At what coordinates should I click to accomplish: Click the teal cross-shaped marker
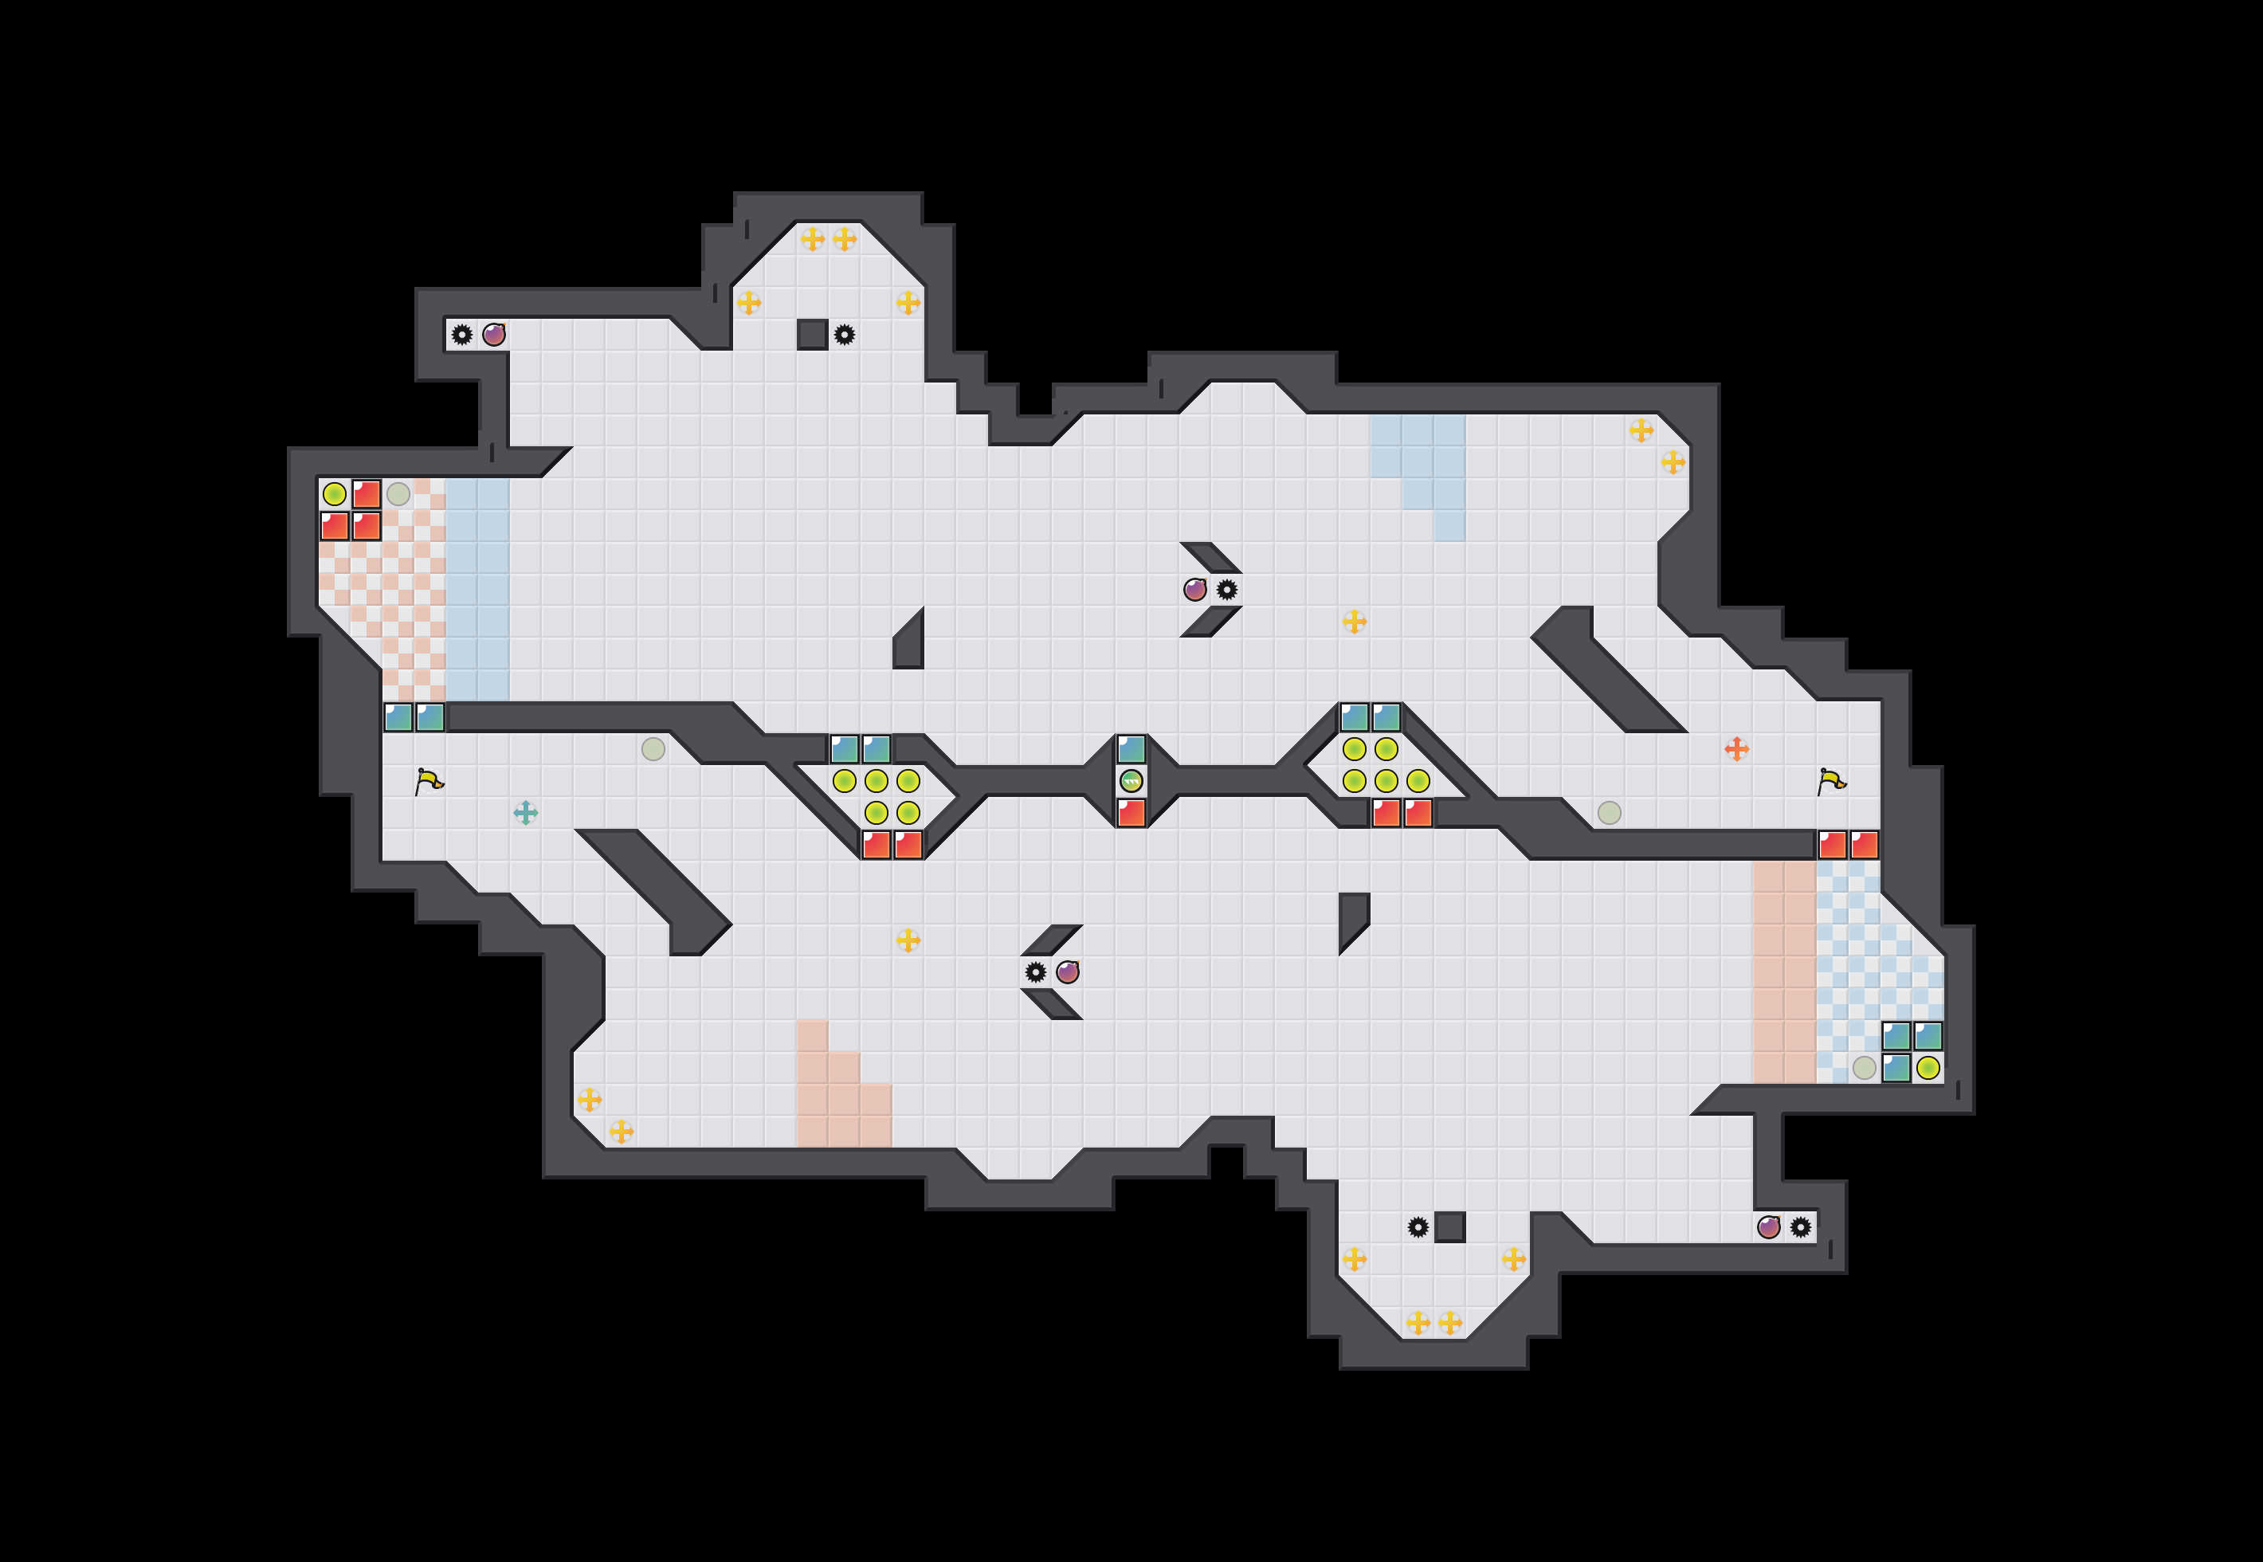525,812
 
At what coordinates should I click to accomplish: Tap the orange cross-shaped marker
1736,748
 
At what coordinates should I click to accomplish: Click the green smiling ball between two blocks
1131,781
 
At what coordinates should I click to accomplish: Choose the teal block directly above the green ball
1131,748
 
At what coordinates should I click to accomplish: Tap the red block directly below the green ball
1131,812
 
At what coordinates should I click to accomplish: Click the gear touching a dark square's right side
845,335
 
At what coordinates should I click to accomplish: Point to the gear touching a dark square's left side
1418,1227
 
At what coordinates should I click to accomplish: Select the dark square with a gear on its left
1449,1227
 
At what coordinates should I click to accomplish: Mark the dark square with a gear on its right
812,335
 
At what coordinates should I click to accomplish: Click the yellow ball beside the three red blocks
335,494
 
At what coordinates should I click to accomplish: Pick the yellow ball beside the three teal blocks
1928,1068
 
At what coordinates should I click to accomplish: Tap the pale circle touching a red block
398,494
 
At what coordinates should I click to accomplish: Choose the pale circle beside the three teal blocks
1864,1068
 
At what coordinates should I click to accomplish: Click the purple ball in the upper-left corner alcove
494,335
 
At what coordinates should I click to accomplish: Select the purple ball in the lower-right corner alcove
1768,1227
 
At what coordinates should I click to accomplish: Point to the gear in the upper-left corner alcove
462,335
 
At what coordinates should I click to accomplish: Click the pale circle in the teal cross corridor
653,748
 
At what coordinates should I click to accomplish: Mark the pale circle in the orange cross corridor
1609,812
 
